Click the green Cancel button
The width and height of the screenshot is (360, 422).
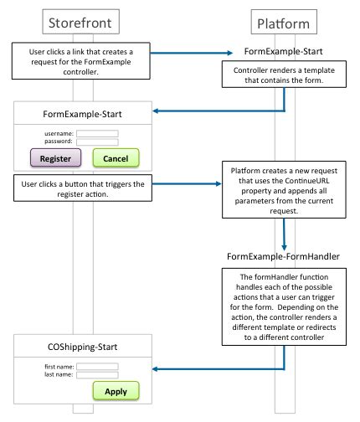116,157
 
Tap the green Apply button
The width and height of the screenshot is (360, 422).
116,391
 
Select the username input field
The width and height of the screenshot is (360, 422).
97,132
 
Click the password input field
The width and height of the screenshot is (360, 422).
97,142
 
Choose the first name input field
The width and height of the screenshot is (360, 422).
97,366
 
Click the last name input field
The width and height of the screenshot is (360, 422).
97,375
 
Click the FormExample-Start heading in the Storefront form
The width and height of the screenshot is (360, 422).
81,112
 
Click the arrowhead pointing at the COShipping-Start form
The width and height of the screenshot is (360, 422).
157,369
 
